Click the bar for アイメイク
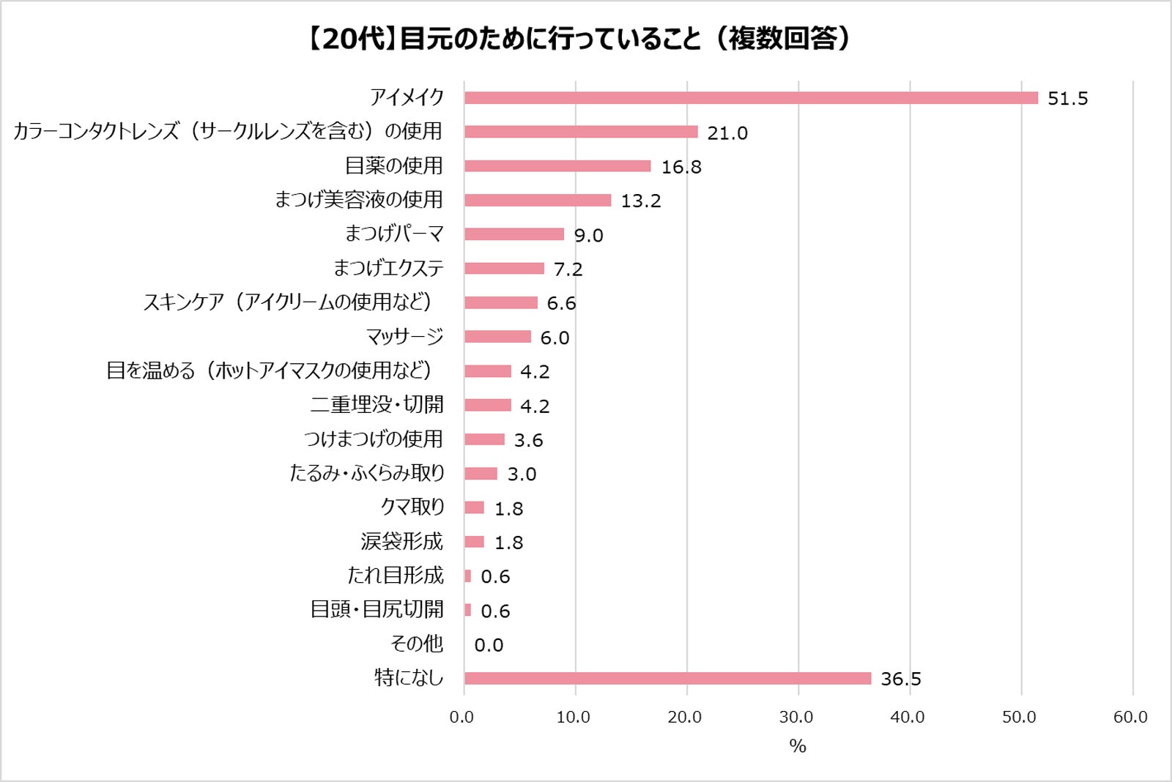[751, 98]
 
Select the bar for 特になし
[667, 679]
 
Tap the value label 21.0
[727, 133]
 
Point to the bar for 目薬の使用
[557, 166]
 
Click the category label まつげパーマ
[394, 234]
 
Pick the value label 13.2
[640, 201]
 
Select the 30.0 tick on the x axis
[796, 717]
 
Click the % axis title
[797, 746]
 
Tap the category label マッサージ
[404, 337]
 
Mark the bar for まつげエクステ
[504, 269]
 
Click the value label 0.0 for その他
[489, 645]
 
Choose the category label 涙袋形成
[401, 542]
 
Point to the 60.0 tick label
[1130, 717]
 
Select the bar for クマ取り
[474, 508]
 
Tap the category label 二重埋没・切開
[377, 405]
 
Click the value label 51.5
[1067, 98]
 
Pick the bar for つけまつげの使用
[484, 439]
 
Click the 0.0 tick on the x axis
[461, 717]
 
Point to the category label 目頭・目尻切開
[377, 610]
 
